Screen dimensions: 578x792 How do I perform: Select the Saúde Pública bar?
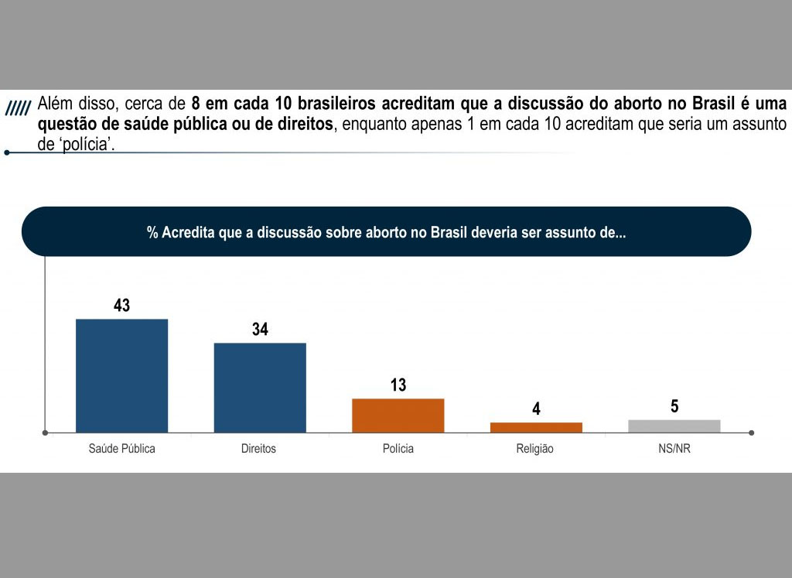click(121, 375)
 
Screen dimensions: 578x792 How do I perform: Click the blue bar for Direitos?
click(260, 387)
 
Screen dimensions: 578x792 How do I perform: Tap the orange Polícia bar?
click(398, 415)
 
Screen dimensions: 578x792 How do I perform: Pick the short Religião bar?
click(536, 427)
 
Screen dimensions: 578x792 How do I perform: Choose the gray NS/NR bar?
click(674, 426)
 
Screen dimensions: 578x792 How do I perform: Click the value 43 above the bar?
click(121, 306)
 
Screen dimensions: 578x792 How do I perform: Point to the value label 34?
click(260, 330)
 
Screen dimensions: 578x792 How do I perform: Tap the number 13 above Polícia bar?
click(398, 385)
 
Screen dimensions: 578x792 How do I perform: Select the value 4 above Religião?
click(536, 409)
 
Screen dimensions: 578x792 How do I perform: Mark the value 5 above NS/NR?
click(674, 406)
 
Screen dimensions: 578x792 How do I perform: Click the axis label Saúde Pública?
click(121, 449)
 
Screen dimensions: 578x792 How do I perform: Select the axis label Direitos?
click(258, 449)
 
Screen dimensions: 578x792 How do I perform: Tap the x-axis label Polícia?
click(398, 449)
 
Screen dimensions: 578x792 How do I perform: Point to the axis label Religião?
click(535, 449)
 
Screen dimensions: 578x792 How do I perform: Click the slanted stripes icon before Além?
click(18, 108)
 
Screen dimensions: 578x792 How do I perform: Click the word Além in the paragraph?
click(54, 104)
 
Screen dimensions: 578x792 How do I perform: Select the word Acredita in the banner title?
click(188, 233)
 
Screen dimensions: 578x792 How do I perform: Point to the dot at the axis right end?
click(752, 433)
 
